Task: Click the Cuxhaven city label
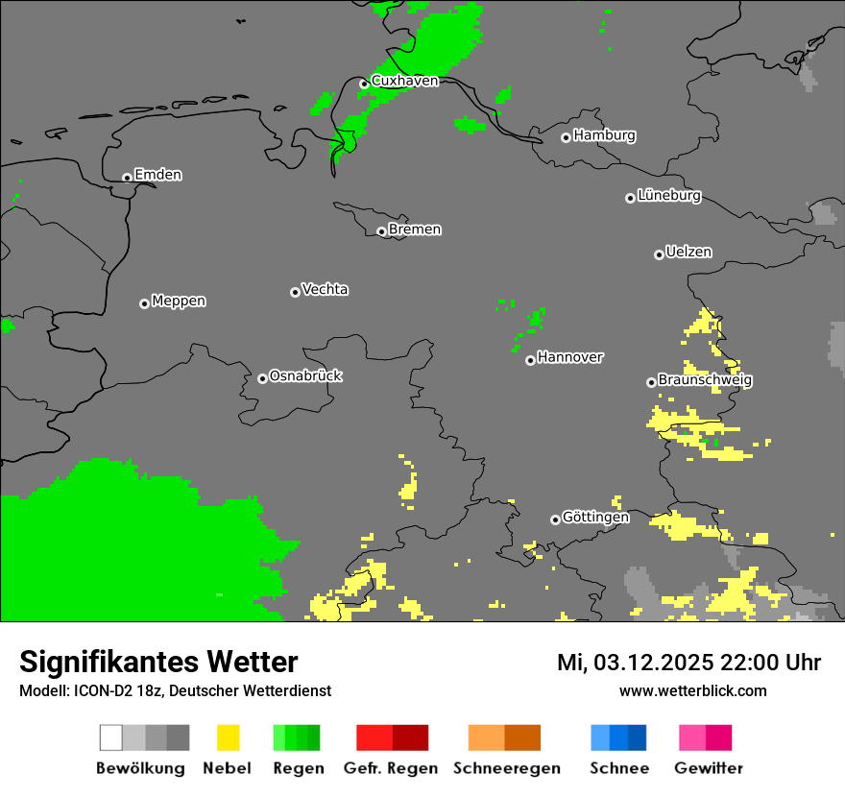(x=404, y=82)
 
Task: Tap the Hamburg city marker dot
(x=567, y=137)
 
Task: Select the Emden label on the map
(x=157, y=175)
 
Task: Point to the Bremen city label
(x=415, y=229)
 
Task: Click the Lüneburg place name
(x=669, y=196)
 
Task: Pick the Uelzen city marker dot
(x=659, y=254)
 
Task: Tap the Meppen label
(x=179, y=302)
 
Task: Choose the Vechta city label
(x=325, y=290)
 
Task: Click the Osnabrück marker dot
(x=262, y=378)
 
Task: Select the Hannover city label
(x=570, y=357)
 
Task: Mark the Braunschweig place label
(x=705, y=380)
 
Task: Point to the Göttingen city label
(x=595, y=518)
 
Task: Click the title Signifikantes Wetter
(x=158, y=662)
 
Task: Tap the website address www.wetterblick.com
(x=692, y=690)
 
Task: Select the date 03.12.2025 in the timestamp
(x=642, y=663)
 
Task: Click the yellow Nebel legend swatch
(x=228, y=737)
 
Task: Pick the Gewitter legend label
(x=709, y=768)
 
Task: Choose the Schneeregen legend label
(x=506, y=768)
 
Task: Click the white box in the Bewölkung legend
(x=110, y=737)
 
